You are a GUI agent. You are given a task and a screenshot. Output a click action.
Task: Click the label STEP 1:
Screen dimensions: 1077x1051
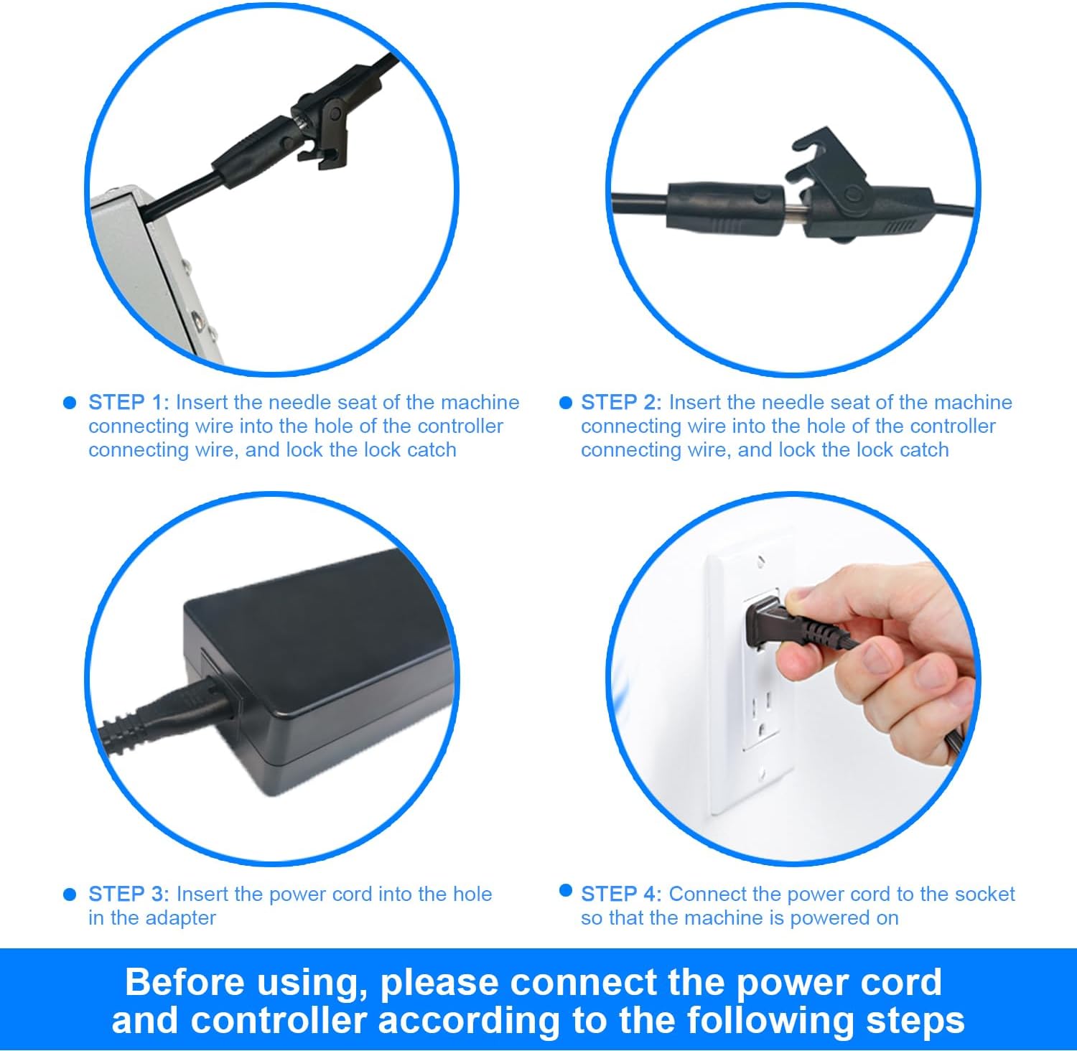point(129,402)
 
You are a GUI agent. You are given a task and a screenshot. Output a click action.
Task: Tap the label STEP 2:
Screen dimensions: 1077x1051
point(622,402)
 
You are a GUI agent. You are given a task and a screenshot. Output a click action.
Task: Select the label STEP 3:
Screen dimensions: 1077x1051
point(129,894)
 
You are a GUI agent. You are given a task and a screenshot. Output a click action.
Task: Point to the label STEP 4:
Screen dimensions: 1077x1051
point(622,894)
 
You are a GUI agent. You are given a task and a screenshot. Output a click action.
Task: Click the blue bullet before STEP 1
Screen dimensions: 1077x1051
point(70,403)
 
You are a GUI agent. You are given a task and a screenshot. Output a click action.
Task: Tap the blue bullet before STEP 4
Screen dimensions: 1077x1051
point(566,891)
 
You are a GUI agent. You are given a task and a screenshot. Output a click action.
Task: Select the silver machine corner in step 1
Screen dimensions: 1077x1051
point(154,273)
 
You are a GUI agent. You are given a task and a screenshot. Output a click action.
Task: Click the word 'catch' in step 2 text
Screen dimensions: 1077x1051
point(918,450)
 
